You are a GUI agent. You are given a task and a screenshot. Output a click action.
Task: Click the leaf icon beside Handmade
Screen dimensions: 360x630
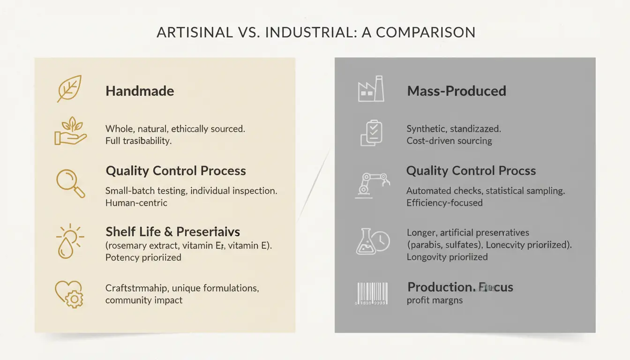point(69,89)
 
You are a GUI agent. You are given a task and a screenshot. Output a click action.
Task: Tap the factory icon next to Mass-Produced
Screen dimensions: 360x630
point(371,90)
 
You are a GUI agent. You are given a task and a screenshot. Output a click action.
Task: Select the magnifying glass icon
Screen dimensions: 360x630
point(70,183)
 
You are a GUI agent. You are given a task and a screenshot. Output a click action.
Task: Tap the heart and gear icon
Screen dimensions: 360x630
point(69,293)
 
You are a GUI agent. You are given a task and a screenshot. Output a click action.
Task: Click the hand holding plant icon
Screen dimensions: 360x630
point(71,131)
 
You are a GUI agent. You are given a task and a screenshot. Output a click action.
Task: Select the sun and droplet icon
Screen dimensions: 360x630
point(70,240)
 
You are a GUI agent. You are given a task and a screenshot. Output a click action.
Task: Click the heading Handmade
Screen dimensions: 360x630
point(140,91)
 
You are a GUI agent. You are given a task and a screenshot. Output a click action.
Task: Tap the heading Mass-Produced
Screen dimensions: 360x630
point(456,91)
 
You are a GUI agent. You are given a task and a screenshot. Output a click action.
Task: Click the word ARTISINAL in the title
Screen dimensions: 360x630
point(195,32)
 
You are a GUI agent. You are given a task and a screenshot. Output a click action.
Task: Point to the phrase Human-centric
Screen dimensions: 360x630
point(136,203)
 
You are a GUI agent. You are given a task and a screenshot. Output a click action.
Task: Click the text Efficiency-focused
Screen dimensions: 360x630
point(444,203)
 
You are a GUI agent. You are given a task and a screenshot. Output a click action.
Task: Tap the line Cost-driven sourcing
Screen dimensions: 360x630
point(449,141)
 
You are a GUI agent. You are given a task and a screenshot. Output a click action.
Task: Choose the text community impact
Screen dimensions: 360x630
point(144,300)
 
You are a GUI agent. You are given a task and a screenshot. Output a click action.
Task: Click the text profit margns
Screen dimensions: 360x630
point(435,300)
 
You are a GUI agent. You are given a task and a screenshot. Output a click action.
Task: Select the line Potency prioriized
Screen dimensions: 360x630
point(143,257)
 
